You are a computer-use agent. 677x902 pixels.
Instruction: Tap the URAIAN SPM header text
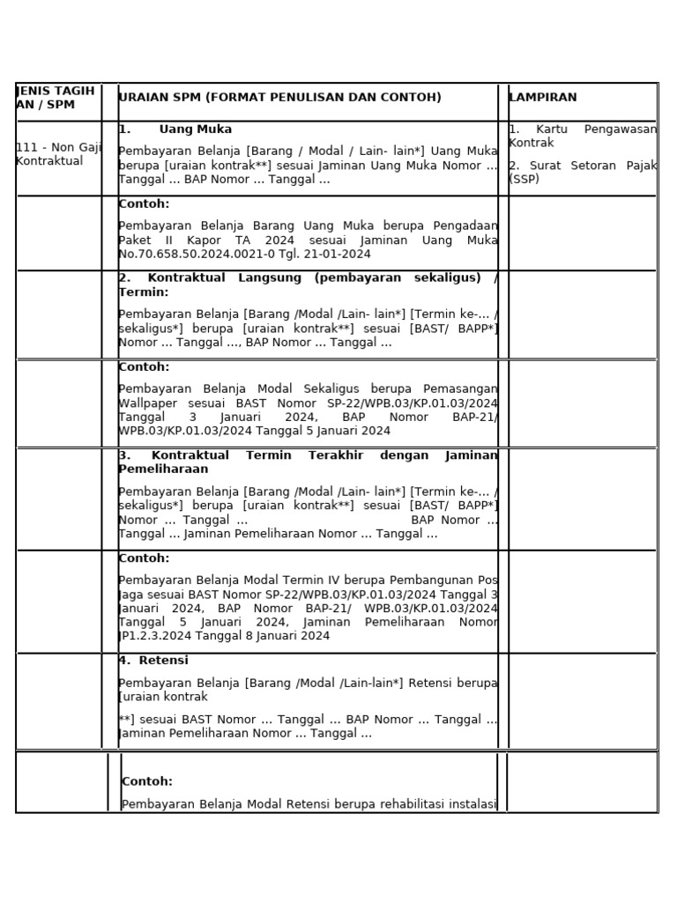[279, 97]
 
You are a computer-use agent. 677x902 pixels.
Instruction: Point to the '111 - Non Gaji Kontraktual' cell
[58, 154]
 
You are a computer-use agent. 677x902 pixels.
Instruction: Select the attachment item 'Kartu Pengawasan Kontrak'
[583, 136]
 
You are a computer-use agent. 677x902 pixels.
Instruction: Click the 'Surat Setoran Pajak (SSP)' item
[583, 172]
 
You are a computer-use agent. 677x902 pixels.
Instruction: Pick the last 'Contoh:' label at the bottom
[147, 781]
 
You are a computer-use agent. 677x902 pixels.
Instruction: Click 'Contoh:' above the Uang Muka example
[144, 204]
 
